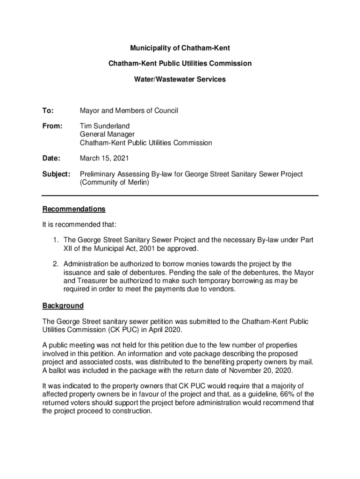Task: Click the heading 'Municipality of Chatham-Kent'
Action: pos(180,48)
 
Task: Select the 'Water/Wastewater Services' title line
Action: pos(180,80)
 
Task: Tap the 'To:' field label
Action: pos(48,111)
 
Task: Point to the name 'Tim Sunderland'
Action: pos(105,126)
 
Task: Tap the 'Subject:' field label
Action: pos(56,174)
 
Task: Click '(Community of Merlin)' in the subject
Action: pos(115,182)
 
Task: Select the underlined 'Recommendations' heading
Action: pos(74,209)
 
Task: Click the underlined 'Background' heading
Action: pos(63,306)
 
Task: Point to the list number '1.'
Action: pos(56,240)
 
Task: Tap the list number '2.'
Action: pos(56,264)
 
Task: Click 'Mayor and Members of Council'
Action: pos(129,111)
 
